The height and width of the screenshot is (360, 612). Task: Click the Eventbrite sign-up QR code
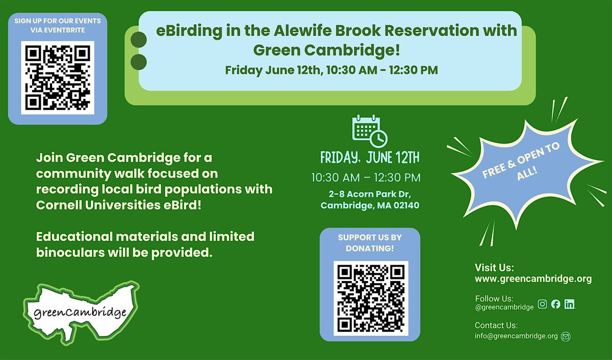coord(58,78)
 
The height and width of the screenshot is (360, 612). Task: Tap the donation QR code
coord(371,298)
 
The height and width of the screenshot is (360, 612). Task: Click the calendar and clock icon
coord(370,131)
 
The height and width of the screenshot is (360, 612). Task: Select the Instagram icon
coord(542,304)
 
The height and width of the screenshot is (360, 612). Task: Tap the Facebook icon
coord(556,304)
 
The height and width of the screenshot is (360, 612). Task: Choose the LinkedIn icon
coord(570,304)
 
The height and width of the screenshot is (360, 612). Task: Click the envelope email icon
coord(566,336)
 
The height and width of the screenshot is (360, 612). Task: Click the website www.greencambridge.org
coord(533,279)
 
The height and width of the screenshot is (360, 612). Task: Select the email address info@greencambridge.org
coord(516,336)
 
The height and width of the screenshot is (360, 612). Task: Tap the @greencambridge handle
coord(504,307)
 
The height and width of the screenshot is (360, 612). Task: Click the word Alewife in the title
coord(302,31)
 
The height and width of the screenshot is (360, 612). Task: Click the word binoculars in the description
coord(70,252)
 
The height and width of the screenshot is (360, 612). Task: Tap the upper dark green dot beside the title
coord(139,40)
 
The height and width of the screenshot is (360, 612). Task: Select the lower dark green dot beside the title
coord(139,62)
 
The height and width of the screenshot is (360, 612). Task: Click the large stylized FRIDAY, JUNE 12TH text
coord(370,158)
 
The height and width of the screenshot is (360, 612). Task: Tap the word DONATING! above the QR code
coord(370,248)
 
